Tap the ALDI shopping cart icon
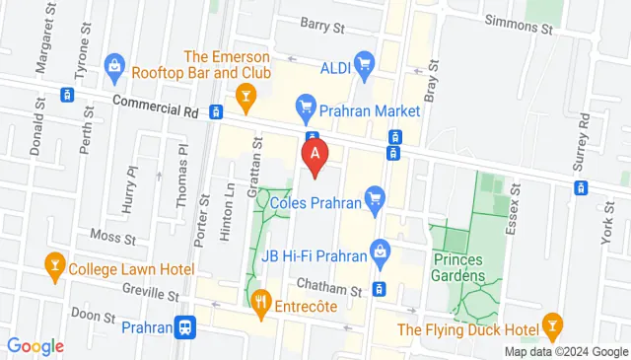point(364,66)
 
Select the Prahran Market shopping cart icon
point(306,104)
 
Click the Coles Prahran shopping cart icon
point(374,203)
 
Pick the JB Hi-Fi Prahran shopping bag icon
point(380,252)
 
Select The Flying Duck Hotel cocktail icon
point(554,326)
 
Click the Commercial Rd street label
point(149,103)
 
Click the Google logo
point(35,345)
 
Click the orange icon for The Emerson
point(244,95)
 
